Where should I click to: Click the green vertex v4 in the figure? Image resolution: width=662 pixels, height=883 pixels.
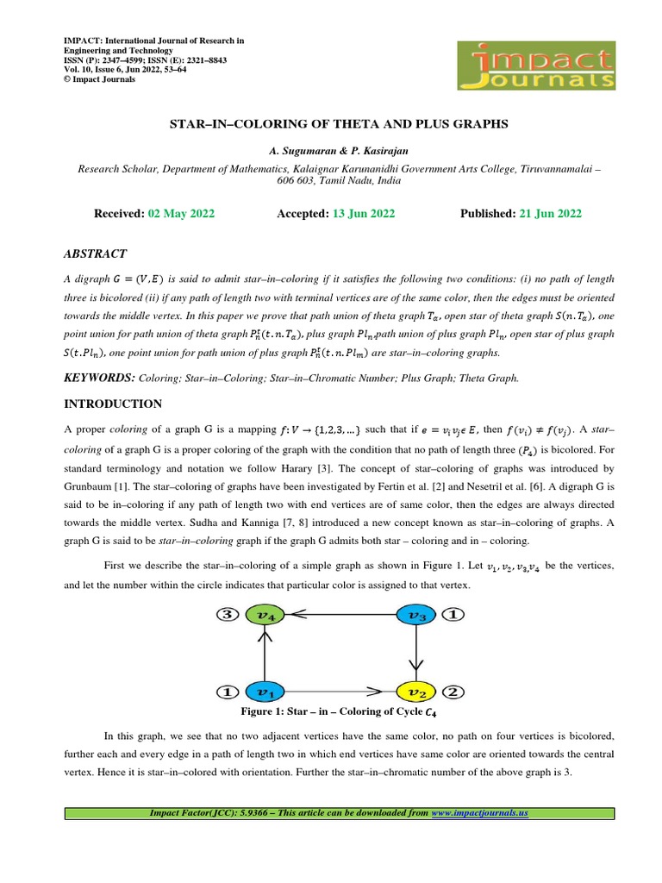[264, 616]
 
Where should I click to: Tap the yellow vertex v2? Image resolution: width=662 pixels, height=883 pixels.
[416, 692]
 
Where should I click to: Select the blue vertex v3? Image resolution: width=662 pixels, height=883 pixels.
[416, 616]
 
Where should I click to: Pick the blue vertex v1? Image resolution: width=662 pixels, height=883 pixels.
[264, 692]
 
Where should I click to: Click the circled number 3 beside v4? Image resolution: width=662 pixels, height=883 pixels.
[227, 616]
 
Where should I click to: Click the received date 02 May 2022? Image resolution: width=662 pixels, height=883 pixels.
[180, 214]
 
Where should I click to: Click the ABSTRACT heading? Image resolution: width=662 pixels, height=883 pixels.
[96, 254]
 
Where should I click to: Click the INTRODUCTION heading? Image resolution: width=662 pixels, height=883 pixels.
[113, 404]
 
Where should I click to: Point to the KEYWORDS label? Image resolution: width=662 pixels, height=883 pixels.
[100, 379]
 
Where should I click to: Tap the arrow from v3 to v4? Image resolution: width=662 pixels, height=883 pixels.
[340, 616]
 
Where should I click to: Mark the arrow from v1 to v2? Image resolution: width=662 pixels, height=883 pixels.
[340, 692]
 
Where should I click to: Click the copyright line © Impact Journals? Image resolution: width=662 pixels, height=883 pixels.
[100, 79]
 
